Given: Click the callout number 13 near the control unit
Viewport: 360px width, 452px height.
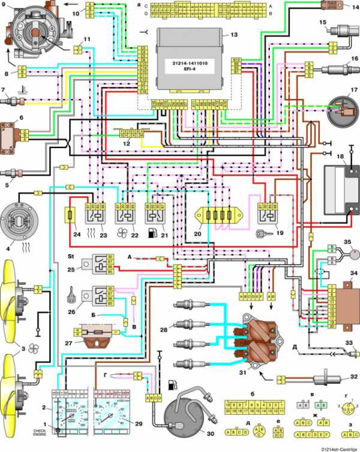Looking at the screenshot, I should (x=225, y=35).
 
